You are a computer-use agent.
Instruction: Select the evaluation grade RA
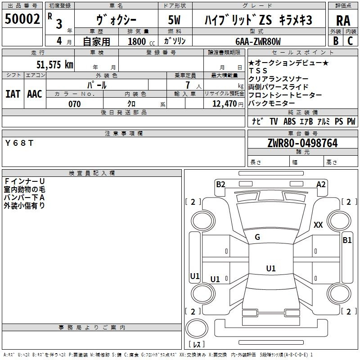(343, 20)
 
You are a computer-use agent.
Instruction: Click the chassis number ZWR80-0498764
(302, 144)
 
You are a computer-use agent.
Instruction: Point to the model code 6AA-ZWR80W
(258, 41)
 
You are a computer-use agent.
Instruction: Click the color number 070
(74, 104)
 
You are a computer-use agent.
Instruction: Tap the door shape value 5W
(175, 20)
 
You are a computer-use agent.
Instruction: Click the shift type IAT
(13, 94)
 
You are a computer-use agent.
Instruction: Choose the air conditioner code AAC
(35, 94)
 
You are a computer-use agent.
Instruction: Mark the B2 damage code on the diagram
(220, 184)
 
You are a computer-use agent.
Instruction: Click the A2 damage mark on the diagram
(321, 184)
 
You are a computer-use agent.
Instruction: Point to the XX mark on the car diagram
(318, 225)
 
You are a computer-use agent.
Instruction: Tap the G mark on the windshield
(257, 237)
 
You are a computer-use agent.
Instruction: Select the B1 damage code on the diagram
(347, 240)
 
